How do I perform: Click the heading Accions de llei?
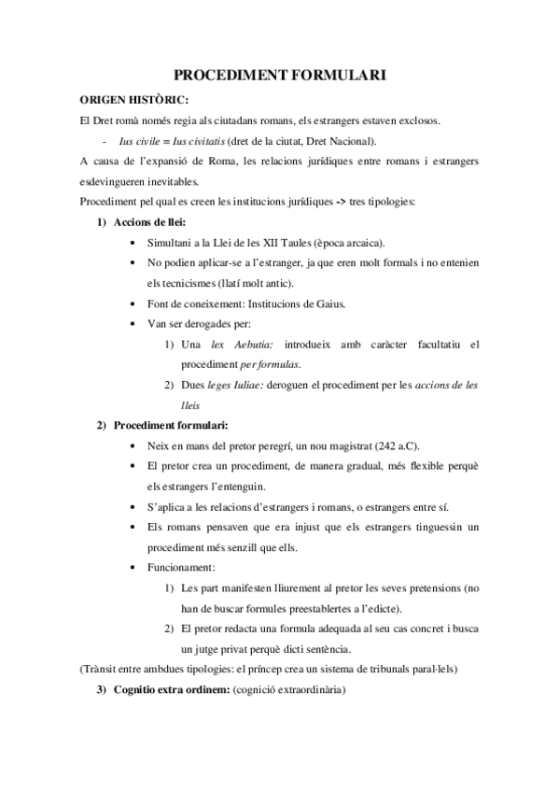(149, 222)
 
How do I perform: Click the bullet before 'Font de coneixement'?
(138, 304)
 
